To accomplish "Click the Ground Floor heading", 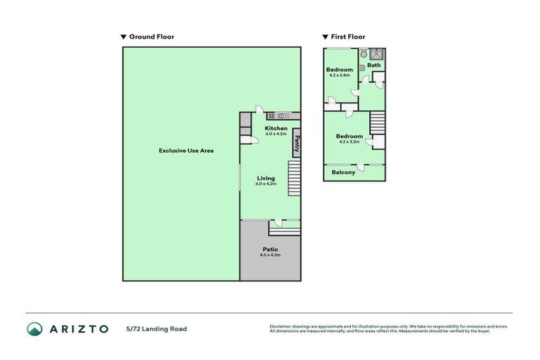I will [x=151, y=37].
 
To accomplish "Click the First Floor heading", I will [x=348, y=37].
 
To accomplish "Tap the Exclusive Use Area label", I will [x=186, y=150].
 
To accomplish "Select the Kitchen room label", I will [x=276, y=128].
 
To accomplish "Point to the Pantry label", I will [x=297, y=143].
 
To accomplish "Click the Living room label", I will [x=266, y=178].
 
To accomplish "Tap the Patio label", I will [x=270, y=249].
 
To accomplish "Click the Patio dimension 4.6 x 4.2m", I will [x=270, y=255].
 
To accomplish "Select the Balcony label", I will [x=343, y=172].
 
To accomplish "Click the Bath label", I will [x=374, y=65].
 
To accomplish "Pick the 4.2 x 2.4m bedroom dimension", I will [x=340, y=75].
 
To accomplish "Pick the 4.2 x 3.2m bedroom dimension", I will [x=349, y=141].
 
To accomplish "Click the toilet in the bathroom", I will [x=364, y=53].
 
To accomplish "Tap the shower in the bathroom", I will [x=378, y=53].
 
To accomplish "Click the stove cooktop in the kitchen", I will [x=271, y=115].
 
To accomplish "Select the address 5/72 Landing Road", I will [x=157, y=328].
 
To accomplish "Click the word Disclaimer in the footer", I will [x=281, y=326].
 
